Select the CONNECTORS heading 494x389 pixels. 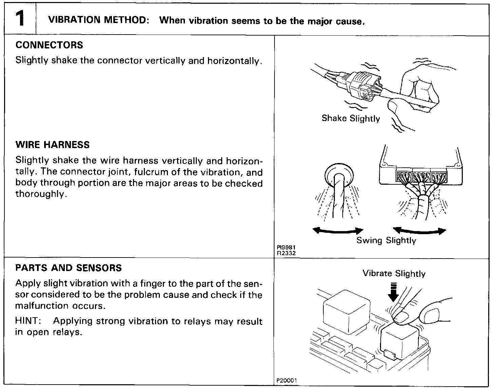point(49,45)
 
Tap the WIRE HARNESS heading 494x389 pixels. point(53,145)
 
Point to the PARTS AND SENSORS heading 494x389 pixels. point(69,268)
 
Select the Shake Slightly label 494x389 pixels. point(350,119)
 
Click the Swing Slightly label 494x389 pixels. point(386,241)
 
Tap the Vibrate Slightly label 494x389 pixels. point(394,273)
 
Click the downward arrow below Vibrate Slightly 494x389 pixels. point(393,293)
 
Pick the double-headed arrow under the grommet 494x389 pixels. point(338,230)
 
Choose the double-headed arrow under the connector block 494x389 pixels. point(421,231)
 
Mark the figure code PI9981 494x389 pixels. point(284,247)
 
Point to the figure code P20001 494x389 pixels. point(287,381)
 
